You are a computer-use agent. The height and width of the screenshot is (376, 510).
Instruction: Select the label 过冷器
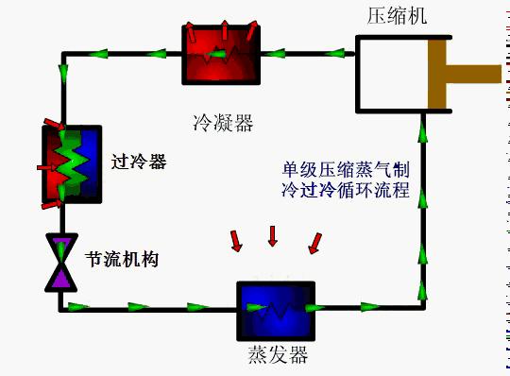138,162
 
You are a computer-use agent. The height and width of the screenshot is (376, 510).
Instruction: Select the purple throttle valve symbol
61,264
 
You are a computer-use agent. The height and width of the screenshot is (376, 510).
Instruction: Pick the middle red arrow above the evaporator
273,235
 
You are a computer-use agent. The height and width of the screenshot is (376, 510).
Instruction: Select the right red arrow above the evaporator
314,243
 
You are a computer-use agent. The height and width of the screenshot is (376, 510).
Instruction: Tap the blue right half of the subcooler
90,164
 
